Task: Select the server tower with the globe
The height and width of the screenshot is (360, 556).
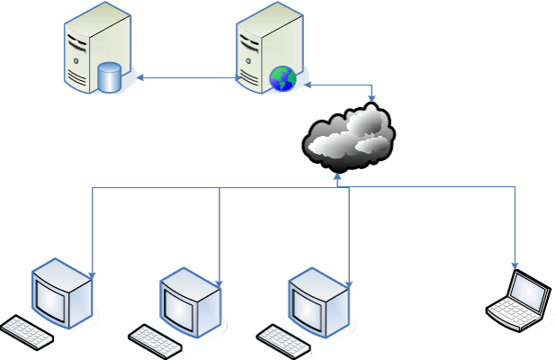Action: [265, 45]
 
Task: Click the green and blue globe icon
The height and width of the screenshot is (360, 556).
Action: [282, 78]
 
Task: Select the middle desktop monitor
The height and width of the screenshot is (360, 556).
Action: [190, 301]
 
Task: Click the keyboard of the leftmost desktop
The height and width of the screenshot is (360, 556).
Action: [27, 332]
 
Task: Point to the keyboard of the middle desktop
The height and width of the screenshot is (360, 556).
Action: [157, 339]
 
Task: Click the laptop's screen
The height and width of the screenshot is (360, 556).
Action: [527, 292]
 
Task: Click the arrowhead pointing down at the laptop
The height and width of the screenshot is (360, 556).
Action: [516, 265]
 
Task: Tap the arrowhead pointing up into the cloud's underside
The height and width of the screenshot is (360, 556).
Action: [338, 174]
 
